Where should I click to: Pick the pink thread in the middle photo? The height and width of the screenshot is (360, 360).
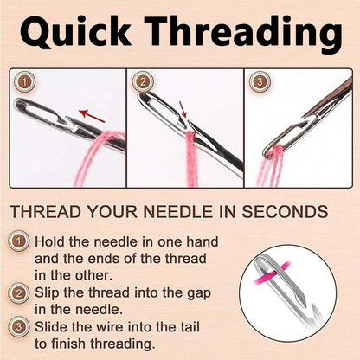pos(188,160)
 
